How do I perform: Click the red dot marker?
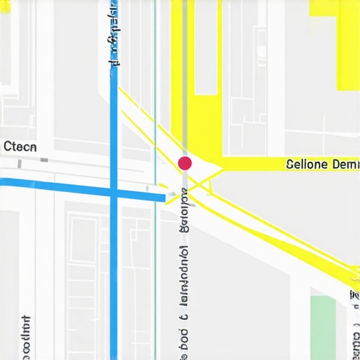[185, 163]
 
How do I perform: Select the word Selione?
[307, 165]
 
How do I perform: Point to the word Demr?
[345, 165]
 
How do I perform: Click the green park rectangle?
[323, 327]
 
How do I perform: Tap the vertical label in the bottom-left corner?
[26, 337]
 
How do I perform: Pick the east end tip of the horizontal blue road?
[166, 198]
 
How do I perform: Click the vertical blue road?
[113, 281]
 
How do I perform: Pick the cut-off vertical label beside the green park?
[354, 323]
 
